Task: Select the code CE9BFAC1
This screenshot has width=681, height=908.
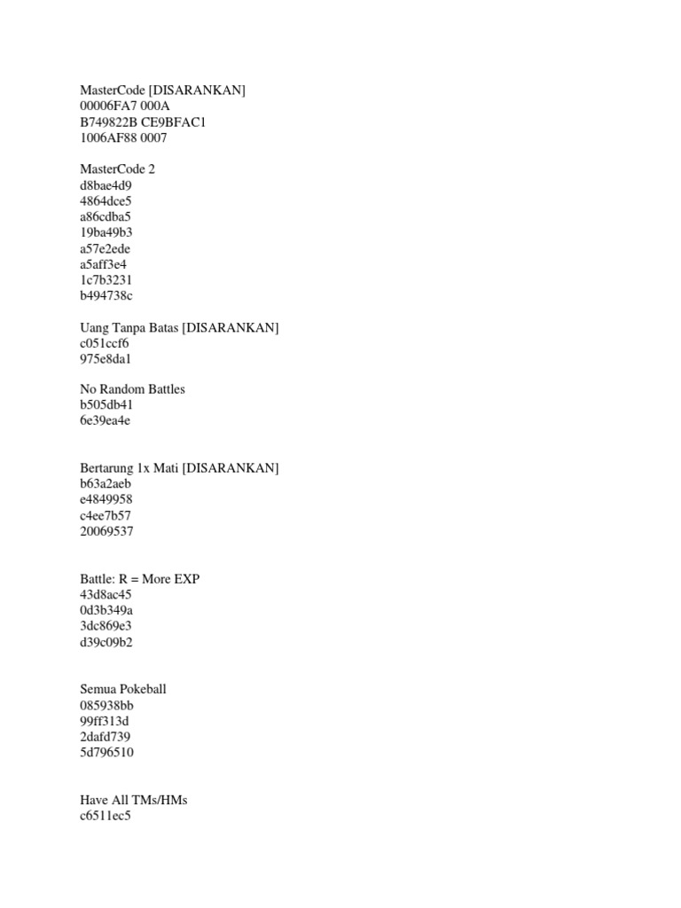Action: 176,121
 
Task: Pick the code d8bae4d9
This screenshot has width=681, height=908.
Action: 106,185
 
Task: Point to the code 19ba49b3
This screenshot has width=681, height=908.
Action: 106,232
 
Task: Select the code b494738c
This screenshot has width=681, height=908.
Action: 106,295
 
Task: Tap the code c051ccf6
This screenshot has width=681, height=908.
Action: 105,343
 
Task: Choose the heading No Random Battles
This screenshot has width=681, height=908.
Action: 132,389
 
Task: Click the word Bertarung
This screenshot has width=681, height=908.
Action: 106,468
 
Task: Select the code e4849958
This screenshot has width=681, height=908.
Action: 106,499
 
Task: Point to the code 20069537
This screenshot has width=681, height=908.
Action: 106,531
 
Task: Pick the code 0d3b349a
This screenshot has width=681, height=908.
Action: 106,610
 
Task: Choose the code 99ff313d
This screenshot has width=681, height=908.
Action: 104,721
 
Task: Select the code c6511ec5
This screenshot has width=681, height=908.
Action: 105,816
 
